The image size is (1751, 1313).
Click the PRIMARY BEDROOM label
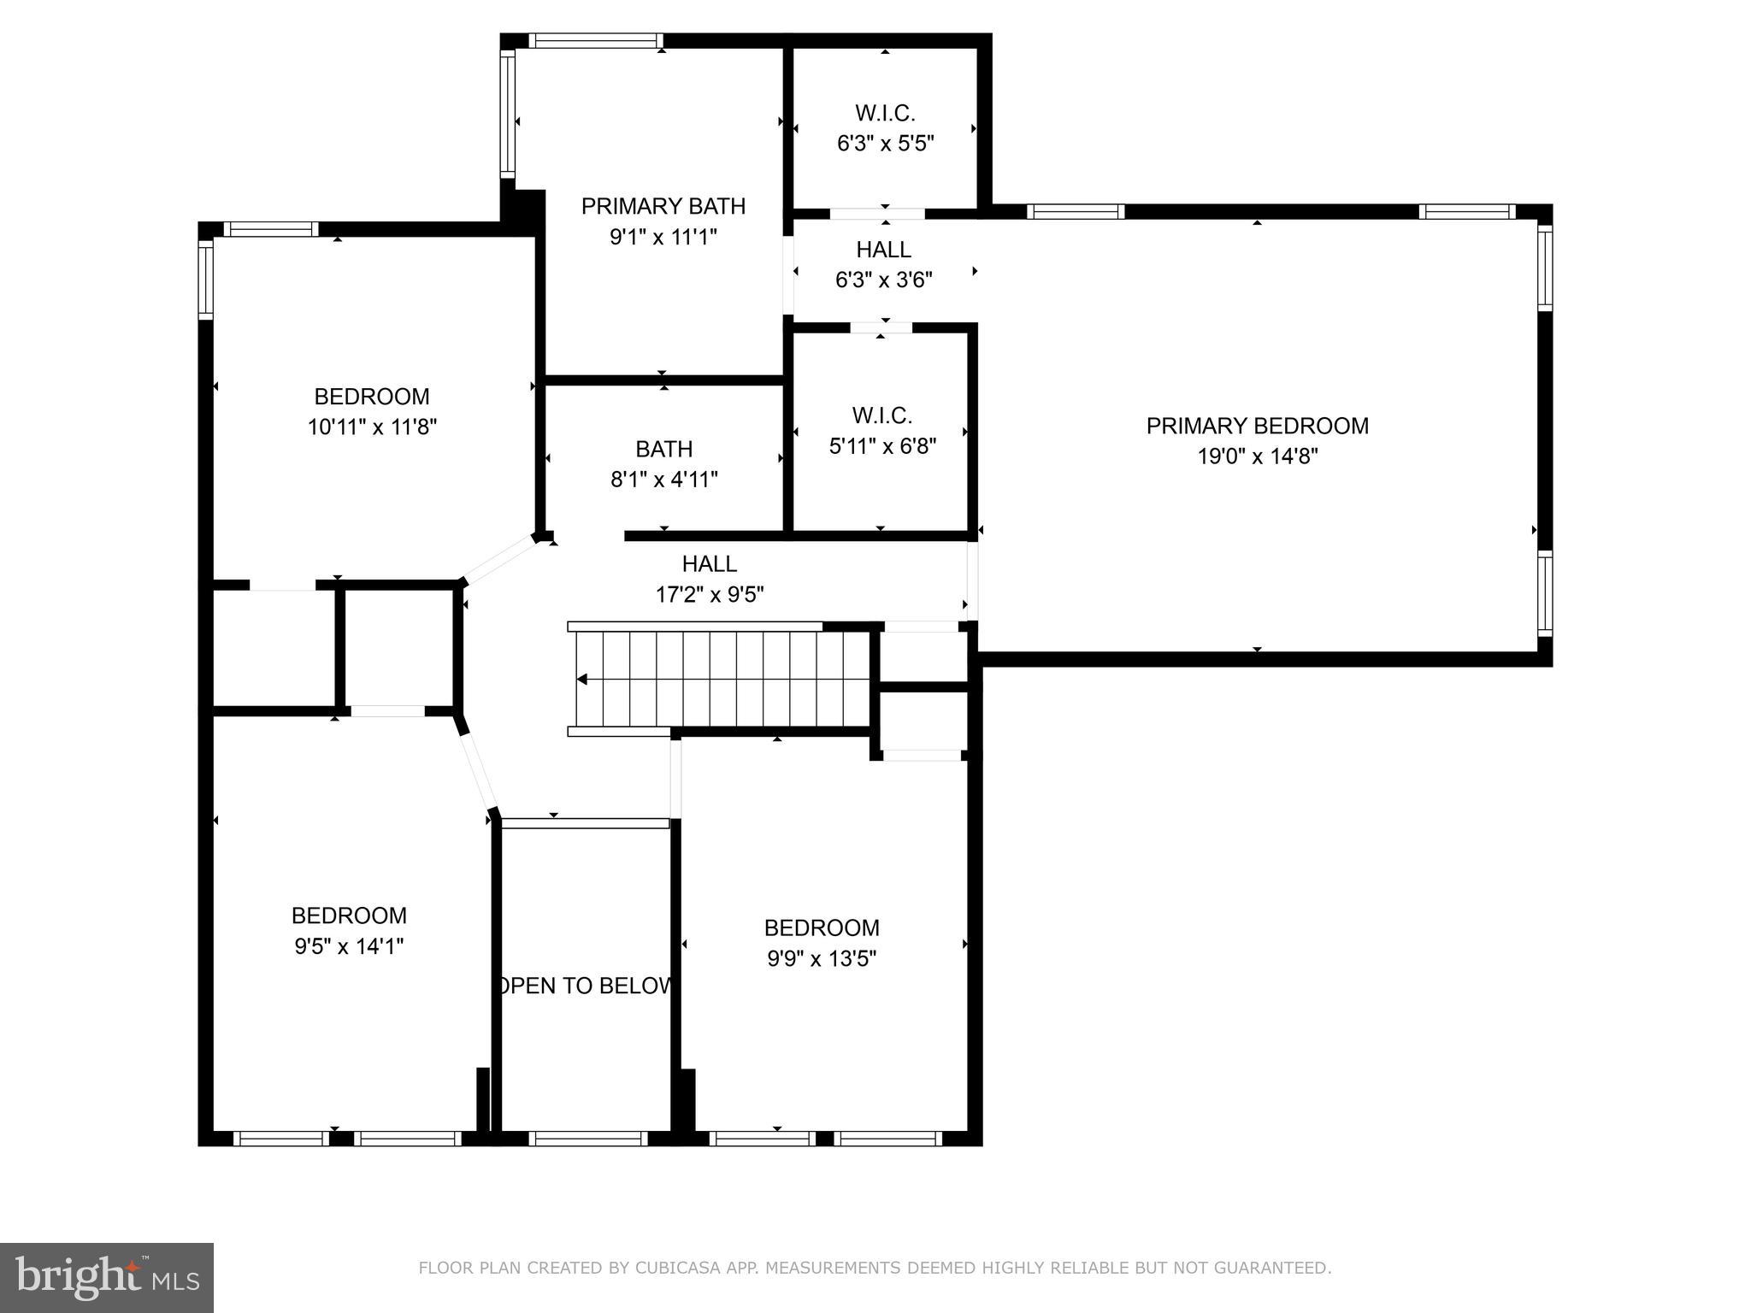pos(1257,426)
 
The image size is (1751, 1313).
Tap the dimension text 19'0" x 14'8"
pos(1257,456)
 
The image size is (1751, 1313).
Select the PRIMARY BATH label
pos(663,206)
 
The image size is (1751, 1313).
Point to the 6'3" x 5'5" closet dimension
pos(885,143)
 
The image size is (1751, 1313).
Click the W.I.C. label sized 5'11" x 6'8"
pos(882,415)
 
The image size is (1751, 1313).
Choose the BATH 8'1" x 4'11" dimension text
pos(664,480)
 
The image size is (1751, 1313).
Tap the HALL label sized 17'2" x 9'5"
pos(710,563)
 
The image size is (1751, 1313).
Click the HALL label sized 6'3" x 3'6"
pos(884,250)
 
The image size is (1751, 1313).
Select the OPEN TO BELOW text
pos(585,986)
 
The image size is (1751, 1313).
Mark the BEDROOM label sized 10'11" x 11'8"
pos(372,397)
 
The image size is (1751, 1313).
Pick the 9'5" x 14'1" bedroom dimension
pos(349,946)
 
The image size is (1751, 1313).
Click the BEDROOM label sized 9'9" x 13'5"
pos(822,927)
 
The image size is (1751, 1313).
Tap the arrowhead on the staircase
pos(581,680)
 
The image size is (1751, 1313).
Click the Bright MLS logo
pos(107,1278)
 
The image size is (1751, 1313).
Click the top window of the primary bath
pos(596,40)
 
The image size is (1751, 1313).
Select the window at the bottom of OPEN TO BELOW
pos(588,1139)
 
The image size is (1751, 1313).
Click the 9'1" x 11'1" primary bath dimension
pos(663,237)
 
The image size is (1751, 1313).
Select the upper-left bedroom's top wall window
pos(271,229)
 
